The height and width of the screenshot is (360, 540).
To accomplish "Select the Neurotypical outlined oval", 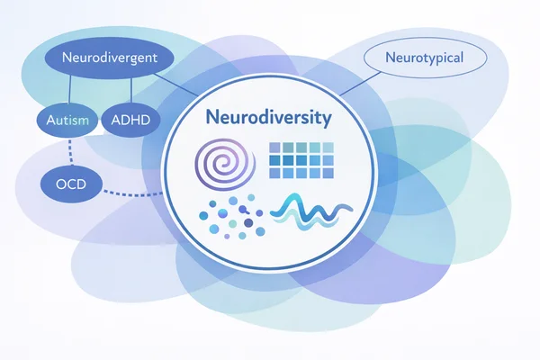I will coord(423,58).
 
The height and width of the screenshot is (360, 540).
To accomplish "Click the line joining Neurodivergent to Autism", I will coord(70,90).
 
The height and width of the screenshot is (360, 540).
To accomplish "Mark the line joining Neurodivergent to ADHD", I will coord(132,90).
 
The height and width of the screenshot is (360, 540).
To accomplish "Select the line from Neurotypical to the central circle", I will coord(360,84).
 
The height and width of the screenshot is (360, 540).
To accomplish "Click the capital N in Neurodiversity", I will coord(210,118).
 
